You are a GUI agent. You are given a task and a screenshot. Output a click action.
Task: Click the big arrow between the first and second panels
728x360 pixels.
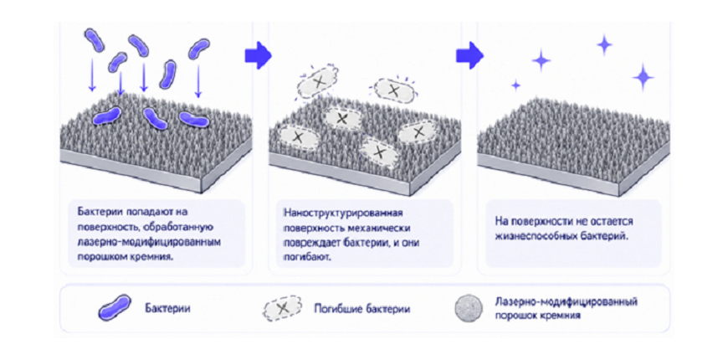[x=258, y=55]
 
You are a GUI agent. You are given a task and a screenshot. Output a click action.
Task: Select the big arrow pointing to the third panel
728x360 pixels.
[x=469, y=55]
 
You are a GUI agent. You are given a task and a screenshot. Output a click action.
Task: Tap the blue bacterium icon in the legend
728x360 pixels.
[x=114, y=307]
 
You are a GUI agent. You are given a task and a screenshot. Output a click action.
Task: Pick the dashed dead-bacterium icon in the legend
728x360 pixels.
[x=282, y=308]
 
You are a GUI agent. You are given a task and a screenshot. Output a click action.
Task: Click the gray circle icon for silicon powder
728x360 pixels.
[x=469, y=308]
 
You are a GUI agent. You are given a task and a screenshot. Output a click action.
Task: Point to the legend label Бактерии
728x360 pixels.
[x=167, y=308]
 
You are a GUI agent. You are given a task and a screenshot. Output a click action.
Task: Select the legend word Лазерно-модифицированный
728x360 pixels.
[x=566, y=302]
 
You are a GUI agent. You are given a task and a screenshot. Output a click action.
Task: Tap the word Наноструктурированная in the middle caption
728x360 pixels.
[x=343, y=213]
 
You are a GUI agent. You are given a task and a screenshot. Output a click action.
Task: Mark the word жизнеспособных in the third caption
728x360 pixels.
[x=528, y=235]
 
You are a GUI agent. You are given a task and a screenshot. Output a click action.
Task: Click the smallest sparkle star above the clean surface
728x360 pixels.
[x=515, y=85]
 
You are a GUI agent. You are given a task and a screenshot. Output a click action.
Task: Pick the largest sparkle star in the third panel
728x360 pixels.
[x=643, y=77]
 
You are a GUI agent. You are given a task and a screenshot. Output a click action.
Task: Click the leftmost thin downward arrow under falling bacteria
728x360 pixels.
[x=92, y=74]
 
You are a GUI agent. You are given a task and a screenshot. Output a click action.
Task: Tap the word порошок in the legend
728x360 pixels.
[x=515, y=316]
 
